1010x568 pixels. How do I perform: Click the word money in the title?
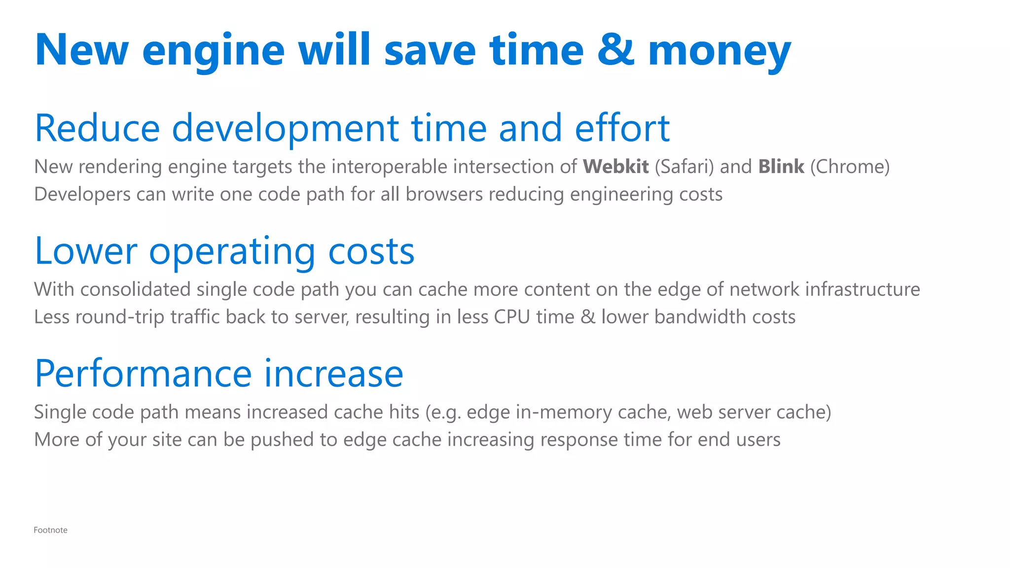coord(720,50)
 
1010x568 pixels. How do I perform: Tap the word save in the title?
coord(430,50)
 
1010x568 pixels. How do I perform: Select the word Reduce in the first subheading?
coord(97,128)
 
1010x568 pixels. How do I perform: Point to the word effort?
coord(622,128)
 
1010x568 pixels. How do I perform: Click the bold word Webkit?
coord(615,167)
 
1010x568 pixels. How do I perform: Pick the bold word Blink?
coord(781,167)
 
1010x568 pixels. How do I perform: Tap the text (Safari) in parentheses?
coord(685,167)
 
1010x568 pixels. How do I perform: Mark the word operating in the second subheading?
coord(232,251)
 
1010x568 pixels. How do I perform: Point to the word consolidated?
coord(136,289)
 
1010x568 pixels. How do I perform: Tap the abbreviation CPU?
coord(512,317)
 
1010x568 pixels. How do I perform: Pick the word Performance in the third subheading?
coord(144,373)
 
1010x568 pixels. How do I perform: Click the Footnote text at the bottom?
coord(50,530)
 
